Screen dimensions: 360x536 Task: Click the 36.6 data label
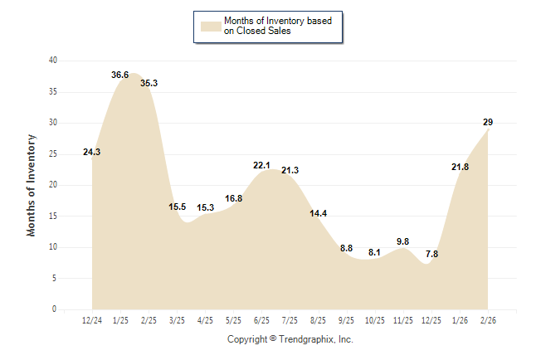pos(120,75)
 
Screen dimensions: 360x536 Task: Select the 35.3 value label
pos(149,83)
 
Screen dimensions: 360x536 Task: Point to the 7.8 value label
pos(431,254)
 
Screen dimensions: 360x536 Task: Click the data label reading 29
pos(488,123)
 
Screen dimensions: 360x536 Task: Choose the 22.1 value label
pos(261,166)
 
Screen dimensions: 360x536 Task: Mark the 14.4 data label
pos(319,213)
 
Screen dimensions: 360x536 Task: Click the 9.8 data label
pos(403,241)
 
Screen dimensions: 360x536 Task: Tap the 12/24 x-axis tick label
pos(92,320)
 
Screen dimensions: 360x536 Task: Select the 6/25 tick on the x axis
pos(261,320)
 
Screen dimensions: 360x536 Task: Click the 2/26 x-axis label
pos(488,320)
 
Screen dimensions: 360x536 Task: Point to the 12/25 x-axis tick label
pos(431,320)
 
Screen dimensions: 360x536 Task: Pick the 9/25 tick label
pos(347,320)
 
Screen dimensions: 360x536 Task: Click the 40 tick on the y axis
pos(52,61)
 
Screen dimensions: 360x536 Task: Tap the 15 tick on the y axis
pos(52,216)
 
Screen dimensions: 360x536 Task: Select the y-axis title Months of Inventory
pos(32,185)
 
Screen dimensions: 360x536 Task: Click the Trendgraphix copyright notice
pos(290,339)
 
